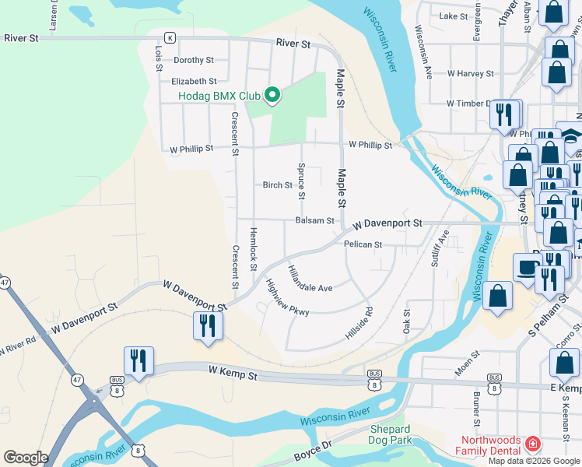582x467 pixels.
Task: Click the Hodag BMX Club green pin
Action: pyautogui.click(x=272, y=96)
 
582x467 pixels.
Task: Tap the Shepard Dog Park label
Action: pyautogui.click(x=390, y=435)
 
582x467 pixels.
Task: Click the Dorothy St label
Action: pyautogui.click(x=193, y=60)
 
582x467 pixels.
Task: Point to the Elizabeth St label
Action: pyautogui.click(x=194, y=81)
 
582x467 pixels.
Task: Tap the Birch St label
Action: pyautogui.click(x=277, y=185)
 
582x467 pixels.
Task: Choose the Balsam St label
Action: pyautogui.click(x=314, y=221)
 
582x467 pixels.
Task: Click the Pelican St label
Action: pyautogui.click(x=363, y=244)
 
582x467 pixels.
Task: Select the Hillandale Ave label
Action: pyautogui.click(x=310, y=280)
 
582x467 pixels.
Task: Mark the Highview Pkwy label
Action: pyautogui.click(x=287, y=298)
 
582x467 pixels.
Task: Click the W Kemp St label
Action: pyautogui.click(x=232, y=375)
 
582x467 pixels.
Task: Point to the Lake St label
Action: pyautogui.click(x=452, y=16)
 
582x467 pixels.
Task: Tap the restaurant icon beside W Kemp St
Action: pyautogui.click(x=138, y=361)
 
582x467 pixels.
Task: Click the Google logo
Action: pyautogui.click(x=26, y=458)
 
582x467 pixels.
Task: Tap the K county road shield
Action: pyautogui.click(x=170, y=37)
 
